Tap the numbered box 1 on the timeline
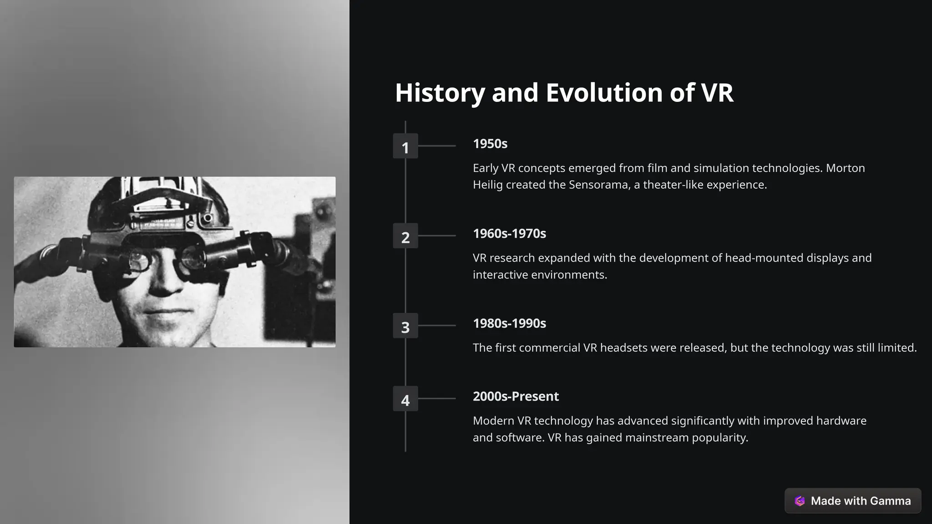pos(405,146)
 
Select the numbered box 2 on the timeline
pos(405,236)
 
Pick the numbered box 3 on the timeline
pos(405,326)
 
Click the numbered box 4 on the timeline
pos(405,398)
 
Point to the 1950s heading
pos(490,144)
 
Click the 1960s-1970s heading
pos(509,234)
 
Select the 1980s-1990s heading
pos(509,323)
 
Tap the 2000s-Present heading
pos(516,397)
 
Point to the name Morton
pos(845,168)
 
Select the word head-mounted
pos(764,258)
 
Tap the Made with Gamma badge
pos(852,501)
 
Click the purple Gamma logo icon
pos(800,501)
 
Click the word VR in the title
pos(717,93)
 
